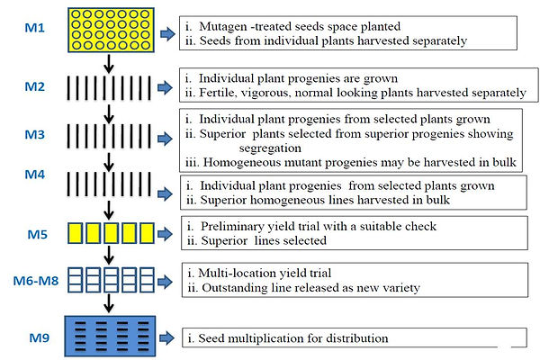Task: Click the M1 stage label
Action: point(35,28)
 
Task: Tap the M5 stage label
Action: point(37,234)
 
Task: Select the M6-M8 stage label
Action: point(36,281)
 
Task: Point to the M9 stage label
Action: point(40,337)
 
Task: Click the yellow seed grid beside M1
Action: point(111,30)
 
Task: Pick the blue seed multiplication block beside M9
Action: point(110,336)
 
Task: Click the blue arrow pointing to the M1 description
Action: point(167,34)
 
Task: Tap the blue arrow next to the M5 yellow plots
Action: point(165,234)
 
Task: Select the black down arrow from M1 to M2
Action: point(109,64)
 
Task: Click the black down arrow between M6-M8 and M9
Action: point(109,303)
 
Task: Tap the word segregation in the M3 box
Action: point(270,148)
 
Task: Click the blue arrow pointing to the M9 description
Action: point(167,337)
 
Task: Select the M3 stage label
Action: point(35,134)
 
